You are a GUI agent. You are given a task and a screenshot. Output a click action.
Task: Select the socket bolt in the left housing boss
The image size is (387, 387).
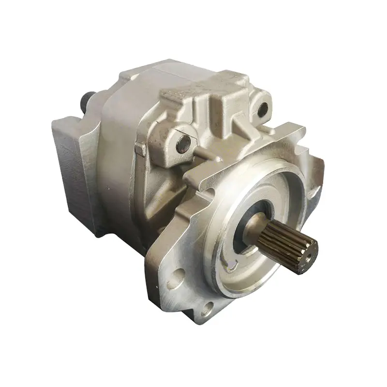click(183, 144)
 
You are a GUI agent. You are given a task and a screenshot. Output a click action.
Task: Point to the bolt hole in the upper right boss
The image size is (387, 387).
click(262, 110)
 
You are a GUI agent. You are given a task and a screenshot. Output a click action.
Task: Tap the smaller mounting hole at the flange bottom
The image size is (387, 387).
click(208, 307)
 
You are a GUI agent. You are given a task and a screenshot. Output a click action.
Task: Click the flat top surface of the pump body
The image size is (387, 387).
click(145, 77)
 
